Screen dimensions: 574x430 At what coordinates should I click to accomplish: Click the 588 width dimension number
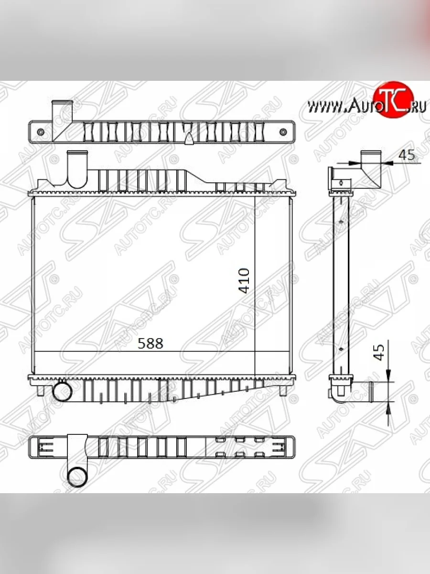click(x=150, y=343)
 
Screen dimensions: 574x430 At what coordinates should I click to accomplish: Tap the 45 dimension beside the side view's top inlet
click(x=406, y=155)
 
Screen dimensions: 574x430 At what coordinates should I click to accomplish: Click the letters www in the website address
click(x=323, y=108)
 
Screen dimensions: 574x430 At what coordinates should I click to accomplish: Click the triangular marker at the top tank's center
click(x=189, y=138)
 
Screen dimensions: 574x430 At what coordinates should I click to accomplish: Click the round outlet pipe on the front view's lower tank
click(x=62, y=392)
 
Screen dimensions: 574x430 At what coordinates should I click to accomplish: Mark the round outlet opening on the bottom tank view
click(x=77, y=476)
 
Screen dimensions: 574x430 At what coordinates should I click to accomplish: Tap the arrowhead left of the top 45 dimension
click(x=354, y=163)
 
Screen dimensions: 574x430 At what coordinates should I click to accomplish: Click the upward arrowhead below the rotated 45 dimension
click(x=388, y=407)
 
